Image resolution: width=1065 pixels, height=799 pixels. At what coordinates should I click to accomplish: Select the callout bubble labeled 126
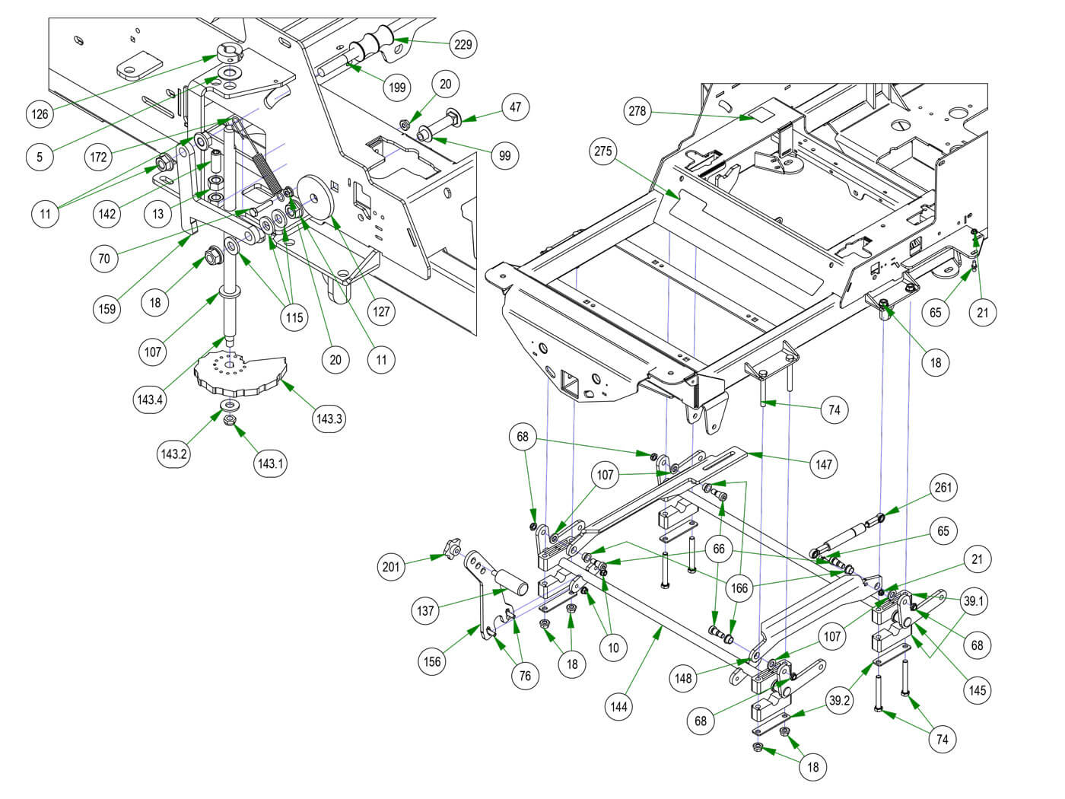coord(40,114)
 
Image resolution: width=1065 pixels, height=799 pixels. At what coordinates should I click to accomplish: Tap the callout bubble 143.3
coord(329,419)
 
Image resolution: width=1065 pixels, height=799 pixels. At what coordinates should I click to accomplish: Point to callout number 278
coord(637,112)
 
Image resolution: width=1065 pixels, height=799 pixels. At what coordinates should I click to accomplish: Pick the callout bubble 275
coord(602,151)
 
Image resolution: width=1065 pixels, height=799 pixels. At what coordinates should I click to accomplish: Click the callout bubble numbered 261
coord(943,488)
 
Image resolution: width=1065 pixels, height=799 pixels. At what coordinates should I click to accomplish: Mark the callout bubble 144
coord(619,707)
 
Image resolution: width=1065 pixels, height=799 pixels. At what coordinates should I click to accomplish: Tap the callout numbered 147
coord(824,463)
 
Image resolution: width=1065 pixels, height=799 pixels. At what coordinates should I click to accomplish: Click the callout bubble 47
coord(516,107)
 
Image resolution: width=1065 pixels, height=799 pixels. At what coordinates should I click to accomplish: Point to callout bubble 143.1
coord(271,463)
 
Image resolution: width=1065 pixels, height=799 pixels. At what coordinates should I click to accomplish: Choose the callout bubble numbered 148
coord(683,677)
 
